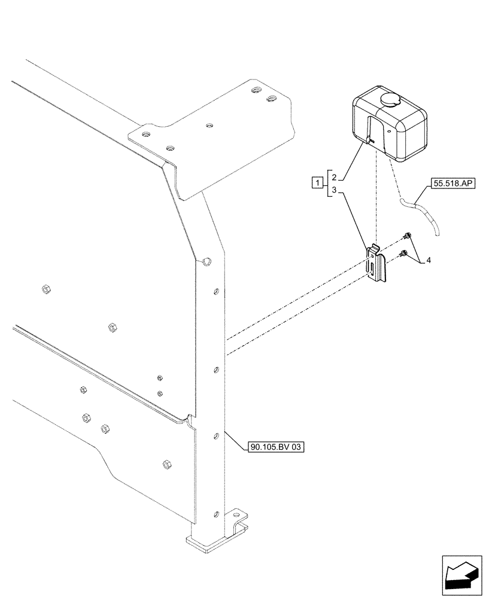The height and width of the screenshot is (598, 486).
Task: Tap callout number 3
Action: click(335, 190)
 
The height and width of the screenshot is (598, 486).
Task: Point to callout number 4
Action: click(430, 261)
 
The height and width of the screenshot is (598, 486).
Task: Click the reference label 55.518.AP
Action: click(451, 184)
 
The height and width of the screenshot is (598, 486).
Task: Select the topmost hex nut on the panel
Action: click(44, 290)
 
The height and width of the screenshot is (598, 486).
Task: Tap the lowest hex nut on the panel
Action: click(166, 464)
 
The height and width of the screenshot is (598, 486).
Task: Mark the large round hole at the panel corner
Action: click(206, 260)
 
